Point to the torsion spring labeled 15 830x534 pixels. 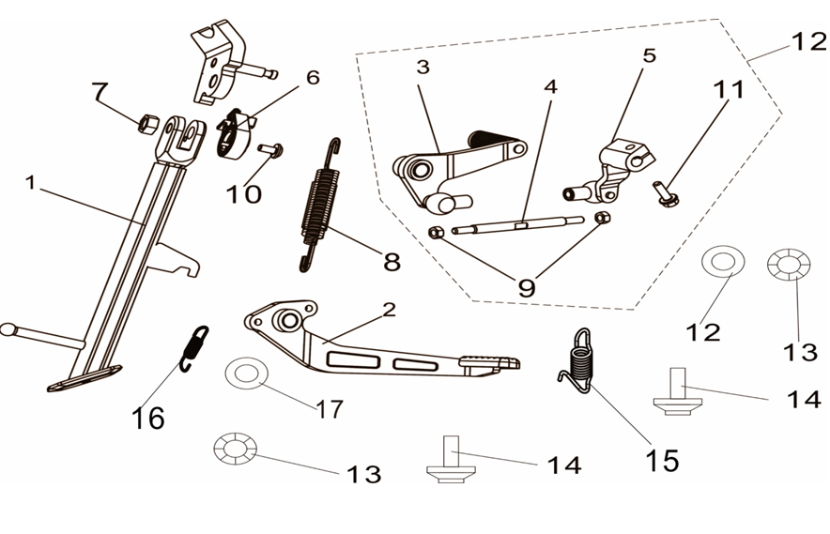[x=580, y=356]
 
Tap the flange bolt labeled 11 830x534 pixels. [x=667, y=193]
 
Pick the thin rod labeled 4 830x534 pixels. [x=521, y=225]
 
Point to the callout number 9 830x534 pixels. [x=526, y=286]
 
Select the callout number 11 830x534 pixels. [x=730, y=91]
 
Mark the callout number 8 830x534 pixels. [x=392, y=260]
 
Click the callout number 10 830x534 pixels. [x=242, y=194]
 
